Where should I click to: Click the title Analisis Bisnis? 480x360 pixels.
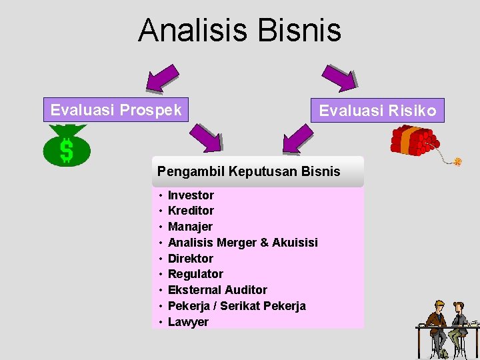tap(239, 31)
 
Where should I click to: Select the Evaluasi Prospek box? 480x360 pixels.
tap(116, 110)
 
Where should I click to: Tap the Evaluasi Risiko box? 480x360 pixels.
tap(377, 111)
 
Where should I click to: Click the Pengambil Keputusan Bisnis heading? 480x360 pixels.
tap(249, 171)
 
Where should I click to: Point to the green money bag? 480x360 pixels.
tap(66, 145)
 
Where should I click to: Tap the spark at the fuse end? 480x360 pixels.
tap(457, 161)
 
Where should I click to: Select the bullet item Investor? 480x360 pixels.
tap(191, 195)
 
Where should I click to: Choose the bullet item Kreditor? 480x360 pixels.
tap(191, 211)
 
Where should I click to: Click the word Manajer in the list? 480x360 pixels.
tap(190, 227)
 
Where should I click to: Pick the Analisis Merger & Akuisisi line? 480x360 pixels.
tap(243, 243)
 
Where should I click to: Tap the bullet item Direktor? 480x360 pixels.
tap(191, 259)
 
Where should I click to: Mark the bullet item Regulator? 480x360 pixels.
tap(195, 274)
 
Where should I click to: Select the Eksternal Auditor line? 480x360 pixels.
tap(217, 290)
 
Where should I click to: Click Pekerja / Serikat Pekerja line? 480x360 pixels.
tap(237, 306)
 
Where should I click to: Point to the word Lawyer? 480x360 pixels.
tap(188, 322)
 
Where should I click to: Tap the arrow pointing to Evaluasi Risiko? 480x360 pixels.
tap(340, 78)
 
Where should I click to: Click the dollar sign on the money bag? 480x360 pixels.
tap(67, 150)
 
